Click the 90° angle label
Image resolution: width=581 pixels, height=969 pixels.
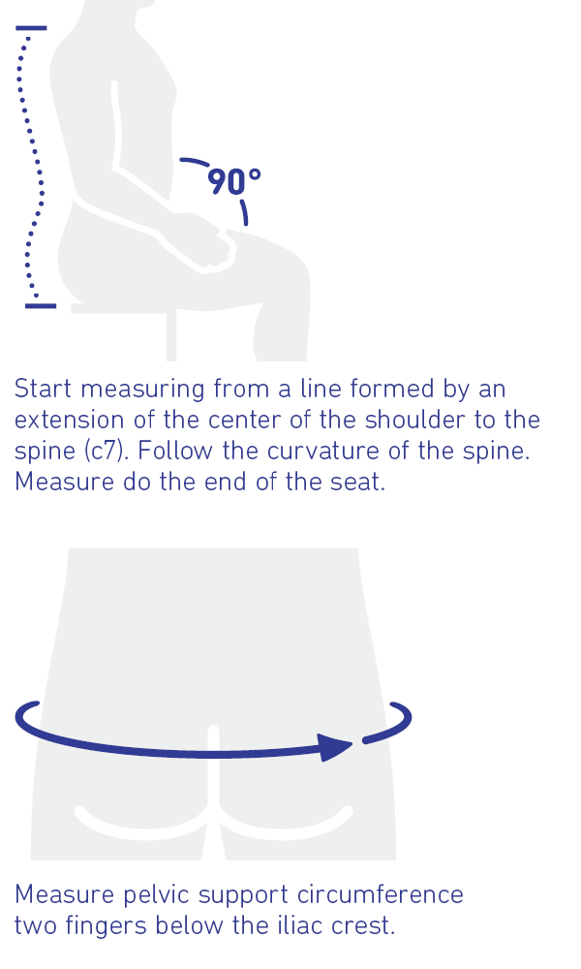[234, 182]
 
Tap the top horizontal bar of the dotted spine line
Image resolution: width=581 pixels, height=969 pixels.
[32, 28]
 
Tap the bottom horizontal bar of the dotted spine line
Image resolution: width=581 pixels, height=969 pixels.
[41, 306]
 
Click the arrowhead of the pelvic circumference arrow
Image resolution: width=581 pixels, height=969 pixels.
[337, 747]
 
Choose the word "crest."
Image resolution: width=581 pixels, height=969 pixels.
[364, 926]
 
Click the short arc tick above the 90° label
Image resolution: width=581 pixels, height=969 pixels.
[195, 162]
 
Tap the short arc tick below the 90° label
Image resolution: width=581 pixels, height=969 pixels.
[244, 212]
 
